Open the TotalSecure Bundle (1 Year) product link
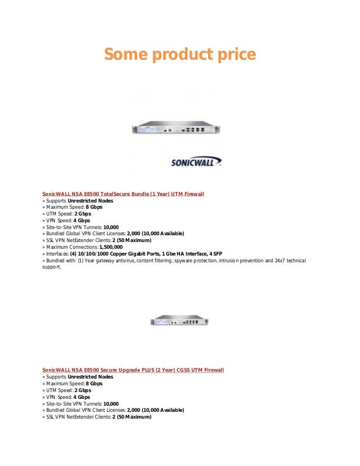point(123,194)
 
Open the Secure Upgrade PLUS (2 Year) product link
point(133,370)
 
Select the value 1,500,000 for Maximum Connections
point(111,247)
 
